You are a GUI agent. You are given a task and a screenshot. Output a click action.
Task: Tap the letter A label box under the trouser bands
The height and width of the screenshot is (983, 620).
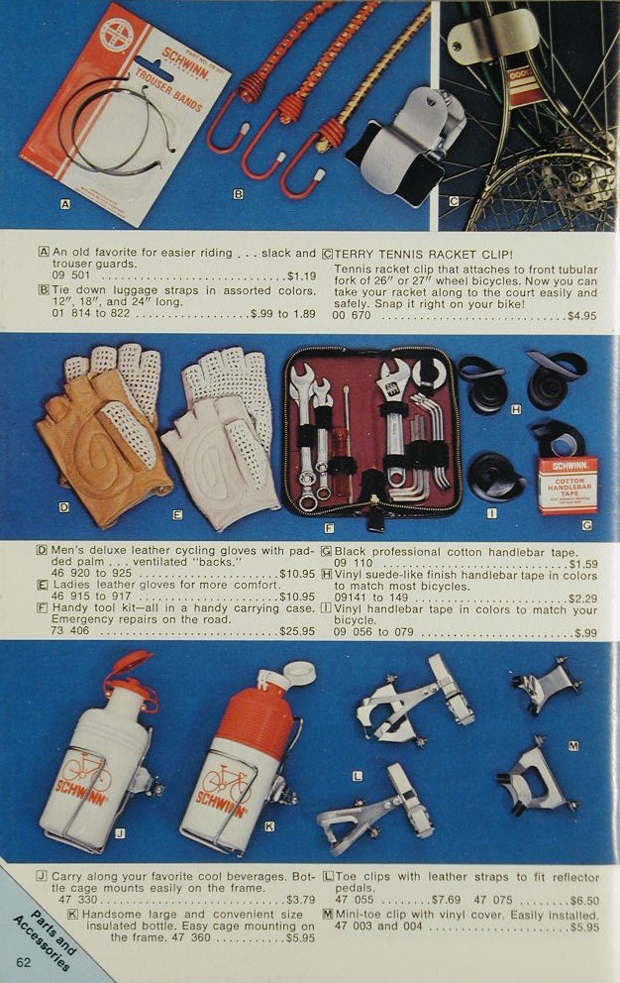click(64, 203)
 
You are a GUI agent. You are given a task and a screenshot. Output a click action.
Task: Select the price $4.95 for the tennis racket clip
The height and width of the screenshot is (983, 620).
click(581, 315)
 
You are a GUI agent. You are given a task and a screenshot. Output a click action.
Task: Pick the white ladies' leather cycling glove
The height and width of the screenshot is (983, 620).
click(223, 439)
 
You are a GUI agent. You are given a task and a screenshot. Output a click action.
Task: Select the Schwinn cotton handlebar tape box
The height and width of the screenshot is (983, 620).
click(568, 486)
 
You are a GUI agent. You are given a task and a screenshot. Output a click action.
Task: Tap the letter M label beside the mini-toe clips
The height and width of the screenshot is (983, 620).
click(573, 745)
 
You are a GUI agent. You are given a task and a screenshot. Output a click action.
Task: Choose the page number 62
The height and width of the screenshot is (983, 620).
click(24, 962)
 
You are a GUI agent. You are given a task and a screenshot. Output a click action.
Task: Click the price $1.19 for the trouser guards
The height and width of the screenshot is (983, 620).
click(301, 275)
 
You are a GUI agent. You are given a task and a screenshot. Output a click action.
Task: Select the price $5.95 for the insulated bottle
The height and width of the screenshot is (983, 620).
click(300, 937)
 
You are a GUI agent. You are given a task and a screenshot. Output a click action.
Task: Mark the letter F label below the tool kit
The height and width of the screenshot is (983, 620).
click(329, 528)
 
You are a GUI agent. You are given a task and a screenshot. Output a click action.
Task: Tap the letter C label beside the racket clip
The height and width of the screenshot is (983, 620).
click(454, 201)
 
